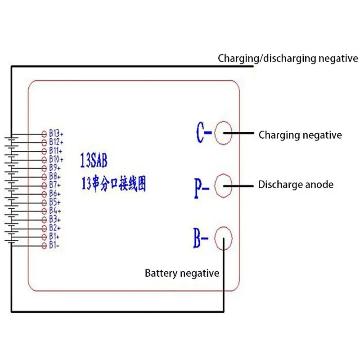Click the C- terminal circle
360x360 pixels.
pyautogui.click(x=215, y=133)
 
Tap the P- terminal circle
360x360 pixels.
pyautogui.click(x=215, y=185)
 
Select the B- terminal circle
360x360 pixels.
pyautogui.click(x=215, y=238)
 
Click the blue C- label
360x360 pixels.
pyautogui.click(x=204, y=132)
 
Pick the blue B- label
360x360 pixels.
pyautogui.click(x=201, y=238)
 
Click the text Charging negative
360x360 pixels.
pyautogui.click(x=300, y=135)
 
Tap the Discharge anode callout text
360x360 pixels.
pyautogui.click(x=296, y=184)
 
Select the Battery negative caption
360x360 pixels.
pyautogui.click(x=182, y=273)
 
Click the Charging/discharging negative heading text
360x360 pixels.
pyautogui.click(x=288, y=58)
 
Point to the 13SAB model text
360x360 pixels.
pyautogui.click(x=94, y=160)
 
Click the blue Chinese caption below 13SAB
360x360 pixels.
pyautogui.click(x=114, y=184)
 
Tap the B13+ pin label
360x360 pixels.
pyautogui.click(x=56, y=133)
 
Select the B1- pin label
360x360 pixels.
pyautogui.click(x=54, y=245)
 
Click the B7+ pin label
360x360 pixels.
pyautogui.click(x=55, y=185)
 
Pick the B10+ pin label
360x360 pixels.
pyautogui.click(x=56, y=159)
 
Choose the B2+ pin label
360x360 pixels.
pyautogui.click(x=55, y=228)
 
